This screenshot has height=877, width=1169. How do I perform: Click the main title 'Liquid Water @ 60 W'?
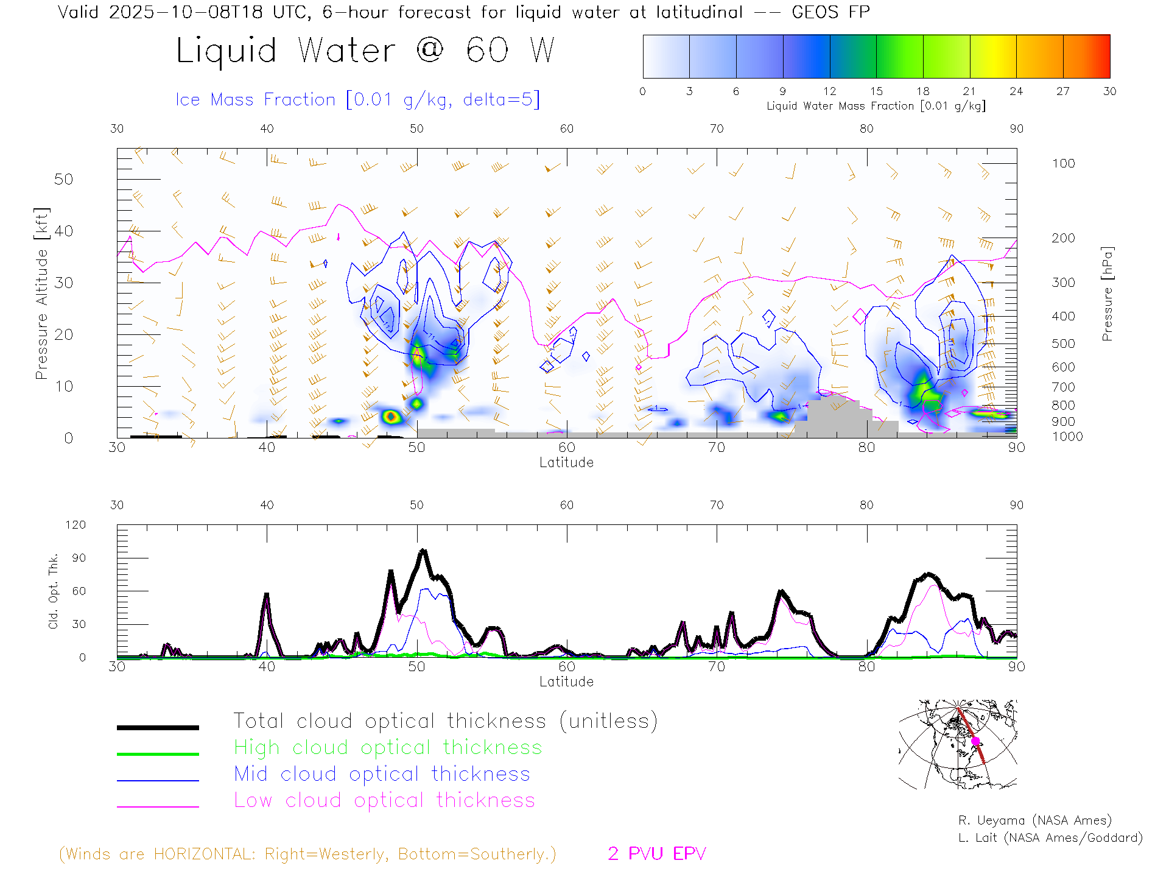(x=365, y=51)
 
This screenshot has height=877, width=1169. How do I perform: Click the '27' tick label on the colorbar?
(x=1062, y=91)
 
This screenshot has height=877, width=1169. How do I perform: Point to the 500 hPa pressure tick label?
(x=1063, y=343)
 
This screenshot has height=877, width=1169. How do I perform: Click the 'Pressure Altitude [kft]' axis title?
(x=41, y=294)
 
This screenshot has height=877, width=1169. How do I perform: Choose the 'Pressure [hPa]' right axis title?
(x=1107, y=294)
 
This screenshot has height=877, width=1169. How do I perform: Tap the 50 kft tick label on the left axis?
(x=63, y=180)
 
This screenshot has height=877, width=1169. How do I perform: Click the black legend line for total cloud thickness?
(x=158, y=727)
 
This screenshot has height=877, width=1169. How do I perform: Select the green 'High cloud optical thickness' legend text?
(x=388, y=747)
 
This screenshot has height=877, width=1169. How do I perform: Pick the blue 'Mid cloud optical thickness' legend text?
(x=382, y=774)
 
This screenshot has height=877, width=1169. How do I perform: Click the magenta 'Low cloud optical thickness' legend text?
(x=384, y=800)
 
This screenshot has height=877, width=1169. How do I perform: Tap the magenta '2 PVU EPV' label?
(x=656, y=854)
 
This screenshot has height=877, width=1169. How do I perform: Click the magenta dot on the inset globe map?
(x=975, y=741)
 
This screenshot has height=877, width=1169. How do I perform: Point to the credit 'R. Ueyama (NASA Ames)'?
(x=1034, y=820)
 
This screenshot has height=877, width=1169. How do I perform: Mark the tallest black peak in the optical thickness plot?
(x=423, y=551)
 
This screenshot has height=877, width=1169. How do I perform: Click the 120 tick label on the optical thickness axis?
(x=75, y=525)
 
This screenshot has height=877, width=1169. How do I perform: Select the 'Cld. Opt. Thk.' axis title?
(x=54, y=591)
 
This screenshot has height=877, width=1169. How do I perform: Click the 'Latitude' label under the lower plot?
(x=566, y=682)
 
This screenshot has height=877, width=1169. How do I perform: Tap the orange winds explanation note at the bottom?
(x=307, y=854)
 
